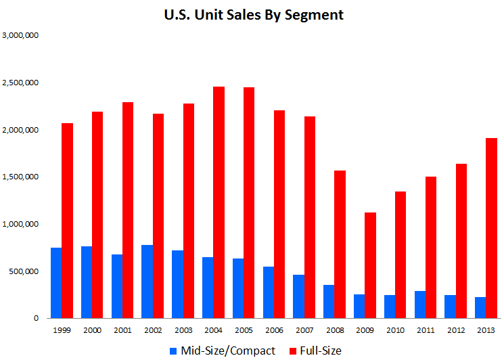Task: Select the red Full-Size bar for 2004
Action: click(219, 202)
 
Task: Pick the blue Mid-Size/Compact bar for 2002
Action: click(147, 282)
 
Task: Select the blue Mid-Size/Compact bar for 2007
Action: click(299, 296)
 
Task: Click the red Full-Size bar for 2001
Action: click(128, 210)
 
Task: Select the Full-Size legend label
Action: click(322, 351)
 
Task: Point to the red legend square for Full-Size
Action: click(293, 351)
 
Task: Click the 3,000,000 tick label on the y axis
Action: click(20, 35)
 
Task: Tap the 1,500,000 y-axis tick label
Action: click(20, 177)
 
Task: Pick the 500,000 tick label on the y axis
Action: click(23, 271)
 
